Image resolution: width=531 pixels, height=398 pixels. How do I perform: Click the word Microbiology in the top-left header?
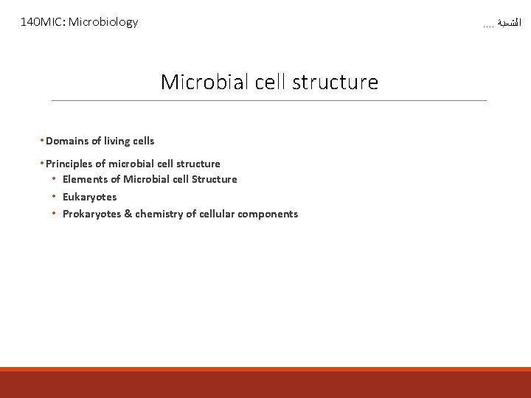[x=103, y=22]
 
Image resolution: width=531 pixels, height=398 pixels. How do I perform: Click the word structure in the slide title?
[x=335, y=82]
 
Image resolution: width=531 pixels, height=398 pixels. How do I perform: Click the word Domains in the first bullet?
[x=68, y=141]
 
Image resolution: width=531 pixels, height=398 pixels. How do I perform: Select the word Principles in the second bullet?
[x=69, y=164]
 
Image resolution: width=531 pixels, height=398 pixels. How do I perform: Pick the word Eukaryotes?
[x=89, y=197]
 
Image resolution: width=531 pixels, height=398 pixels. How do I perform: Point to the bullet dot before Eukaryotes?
[x=54, y=197]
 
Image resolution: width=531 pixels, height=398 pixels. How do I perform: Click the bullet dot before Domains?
[x=42, y=141]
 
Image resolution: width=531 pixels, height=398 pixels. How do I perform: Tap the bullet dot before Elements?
[x=54, y=179]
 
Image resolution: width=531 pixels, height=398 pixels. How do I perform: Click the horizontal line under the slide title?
[x=269, y=100]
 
